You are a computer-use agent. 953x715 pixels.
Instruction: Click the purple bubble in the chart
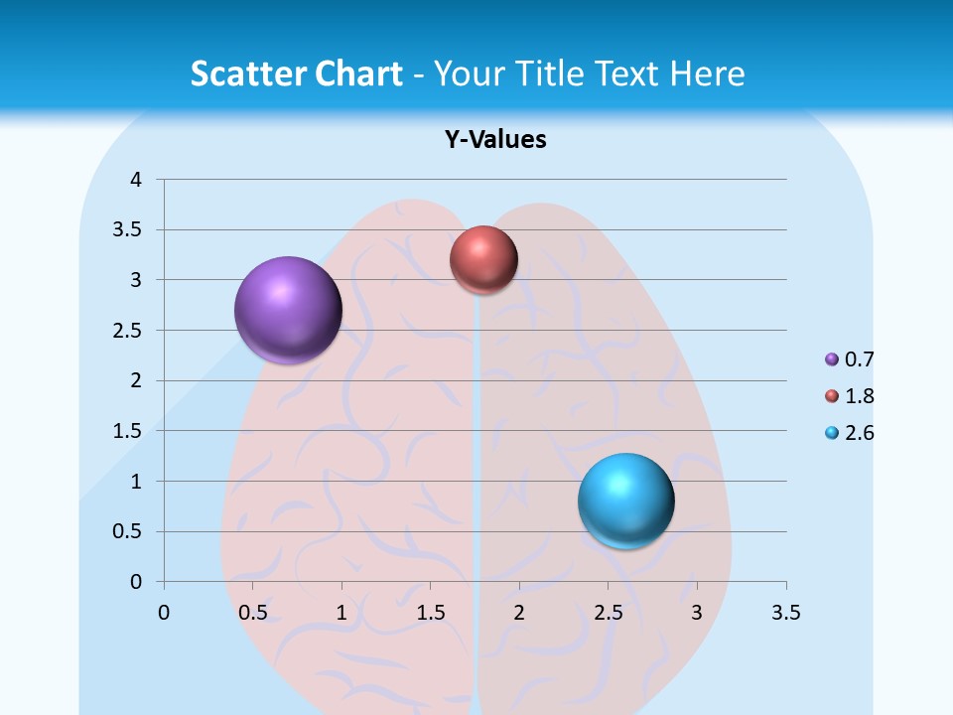[289, 310]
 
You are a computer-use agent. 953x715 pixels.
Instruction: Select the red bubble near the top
[483, 259]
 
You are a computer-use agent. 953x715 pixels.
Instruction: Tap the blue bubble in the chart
[626, 500]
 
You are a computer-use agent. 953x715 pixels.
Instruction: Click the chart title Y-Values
[495, 140]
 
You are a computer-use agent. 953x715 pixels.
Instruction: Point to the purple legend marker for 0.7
[832, 359]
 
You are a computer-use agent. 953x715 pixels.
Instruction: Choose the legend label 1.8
[860, 396]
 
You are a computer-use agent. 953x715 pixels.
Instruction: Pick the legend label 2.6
[860, 433]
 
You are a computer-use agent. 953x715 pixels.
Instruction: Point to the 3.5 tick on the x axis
[785, 613]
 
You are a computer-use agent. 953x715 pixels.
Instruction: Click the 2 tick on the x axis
[519, 613]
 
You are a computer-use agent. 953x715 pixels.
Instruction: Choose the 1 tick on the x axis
[341, 613]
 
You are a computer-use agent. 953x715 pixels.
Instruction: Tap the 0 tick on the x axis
[164, 613]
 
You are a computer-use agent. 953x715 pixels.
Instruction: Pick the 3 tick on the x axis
[697, 613]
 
